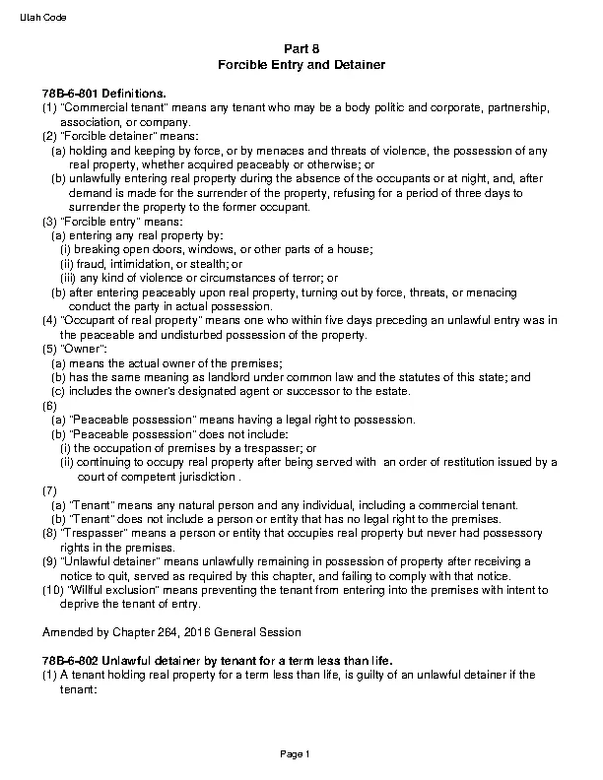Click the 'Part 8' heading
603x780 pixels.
point(301,48)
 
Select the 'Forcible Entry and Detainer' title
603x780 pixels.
point(301,64)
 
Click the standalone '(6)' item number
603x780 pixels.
point(49,406)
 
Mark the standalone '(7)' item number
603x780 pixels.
point(49,491)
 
